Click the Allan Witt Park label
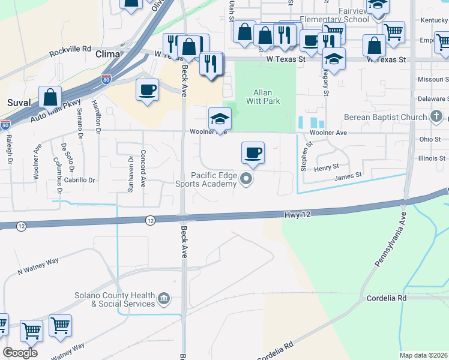[263, 97]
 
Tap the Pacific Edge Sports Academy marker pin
[246, 179]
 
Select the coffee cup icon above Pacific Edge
[253, 152]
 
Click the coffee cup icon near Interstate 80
[148, 90]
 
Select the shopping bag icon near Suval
[51, 97]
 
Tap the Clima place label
[108, 54]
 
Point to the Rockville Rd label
[70, 49]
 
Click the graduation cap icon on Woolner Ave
[220, 118]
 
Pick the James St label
[349, 175]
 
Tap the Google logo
[20, 353]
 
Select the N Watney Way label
[38, 266]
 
